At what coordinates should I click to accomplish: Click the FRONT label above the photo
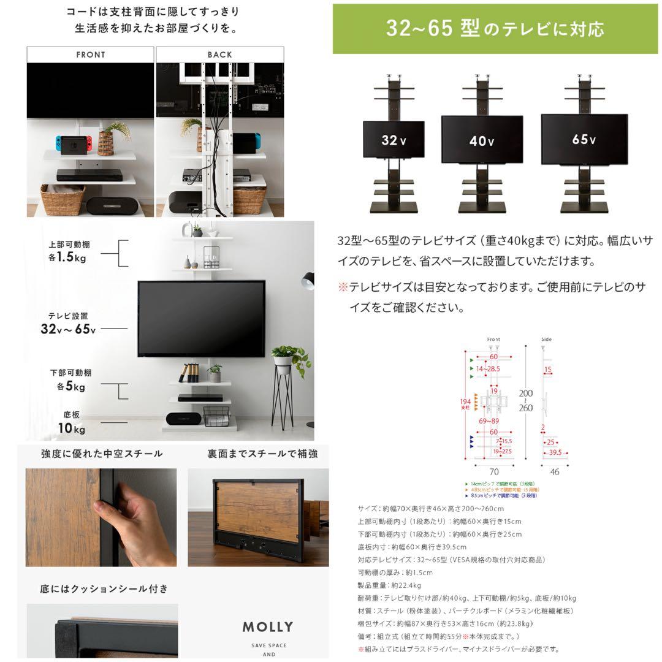(x=91, y=55)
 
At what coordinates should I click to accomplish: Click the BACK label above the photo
(x=219, y=55)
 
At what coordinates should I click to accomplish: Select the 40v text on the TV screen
(x=482, y=141)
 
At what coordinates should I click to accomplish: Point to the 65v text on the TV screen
(x=584, y=140)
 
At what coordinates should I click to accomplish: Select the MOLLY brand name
(x=268, y=627)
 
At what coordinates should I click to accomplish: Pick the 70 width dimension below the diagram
(x=493, y=472)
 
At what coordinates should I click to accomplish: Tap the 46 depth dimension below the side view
(x=555, y=472)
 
